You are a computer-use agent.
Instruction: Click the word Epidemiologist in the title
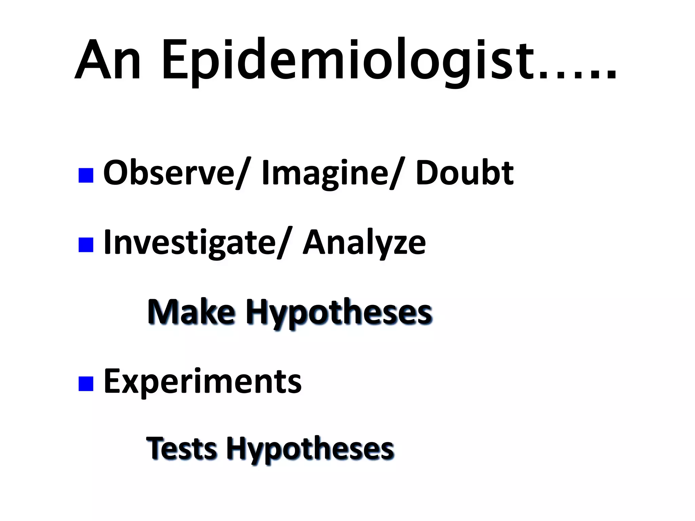click(346, 61)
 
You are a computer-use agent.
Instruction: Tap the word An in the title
click(108, 61)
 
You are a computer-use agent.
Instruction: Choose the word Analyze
click(364, 243)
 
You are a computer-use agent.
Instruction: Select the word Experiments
click(202, 382)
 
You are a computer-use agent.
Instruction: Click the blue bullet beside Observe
click(86, 175)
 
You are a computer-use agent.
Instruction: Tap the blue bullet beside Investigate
click(86, 245)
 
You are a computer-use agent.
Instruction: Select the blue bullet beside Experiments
click(86, 383)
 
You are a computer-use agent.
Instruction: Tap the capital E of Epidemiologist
click(176, 61)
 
